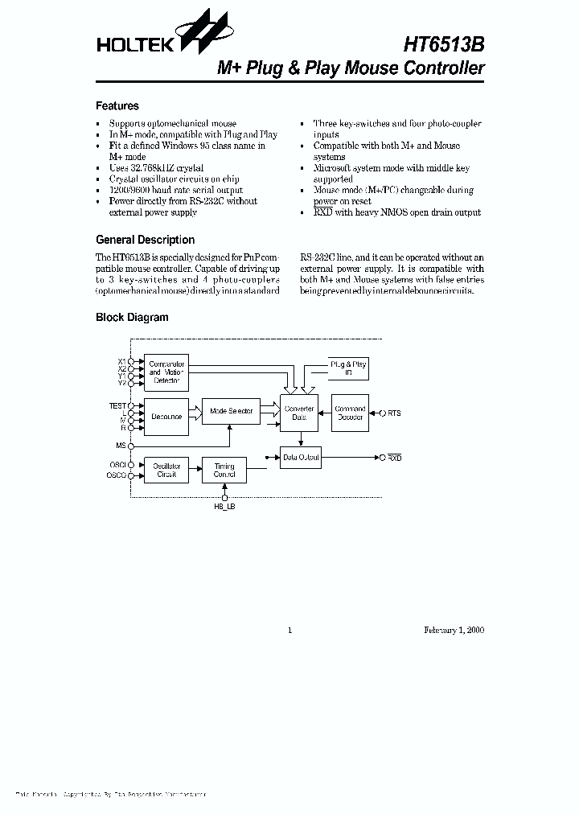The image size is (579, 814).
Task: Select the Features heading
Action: point(117,105)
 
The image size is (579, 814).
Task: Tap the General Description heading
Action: point(145,240)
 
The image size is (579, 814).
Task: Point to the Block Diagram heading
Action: point(132,317)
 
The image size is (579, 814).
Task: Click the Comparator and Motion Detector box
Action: point(166,372)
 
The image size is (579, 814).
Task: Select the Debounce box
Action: point(166,417)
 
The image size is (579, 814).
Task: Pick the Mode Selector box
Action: point(231,411)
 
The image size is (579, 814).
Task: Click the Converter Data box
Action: point(299,413)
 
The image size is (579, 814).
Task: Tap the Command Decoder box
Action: point(350,413)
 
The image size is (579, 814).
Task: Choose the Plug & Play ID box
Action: point(348,369)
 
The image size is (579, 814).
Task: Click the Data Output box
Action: point(301,458)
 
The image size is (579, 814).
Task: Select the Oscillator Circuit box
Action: point(166,471)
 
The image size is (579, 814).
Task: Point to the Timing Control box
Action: point(224,471)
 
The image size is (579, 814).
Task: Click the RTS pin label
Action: point(393,413)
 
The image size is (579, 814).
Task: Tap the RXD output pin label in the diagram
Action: point(394,458)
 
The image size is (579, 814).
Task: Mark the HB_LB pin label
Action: point(224,508)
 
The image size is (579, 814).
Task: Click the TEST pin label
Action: point(117,406)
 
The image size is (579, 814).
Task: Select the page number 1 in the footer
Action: point(289,630)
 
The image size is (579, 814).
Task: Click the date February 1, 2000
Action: point(454,630)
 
